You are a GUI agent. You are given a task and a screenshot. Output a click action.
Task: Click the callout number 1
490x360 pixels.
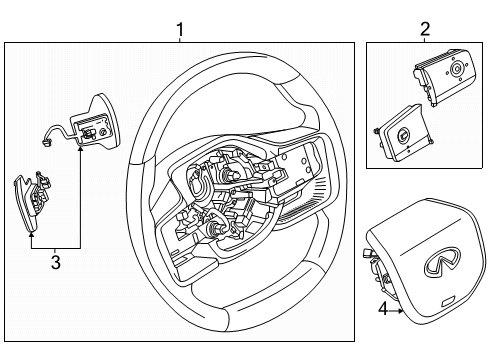click(179, 29)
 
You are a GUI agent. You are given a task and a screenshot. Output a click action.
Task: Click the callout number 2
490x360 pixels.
click(425, 29)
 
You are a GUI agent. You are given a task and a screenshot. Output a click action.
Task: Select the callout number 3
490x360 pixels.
click(56, 263)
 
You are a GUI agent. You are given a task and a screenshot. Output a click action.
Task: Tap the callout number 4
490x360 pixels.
click(382, 310)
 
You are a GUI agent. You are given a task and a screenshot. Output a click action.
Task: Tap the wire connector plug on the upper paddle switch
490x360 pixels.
click(47, 141)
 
